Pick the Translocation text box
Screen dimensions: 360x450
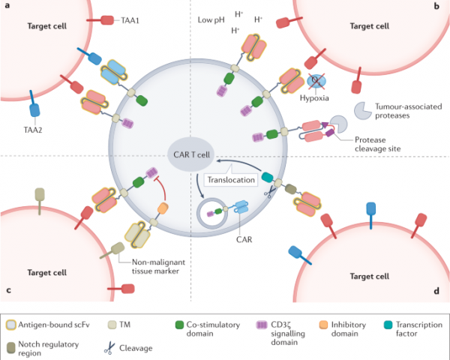coord(228,181)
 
